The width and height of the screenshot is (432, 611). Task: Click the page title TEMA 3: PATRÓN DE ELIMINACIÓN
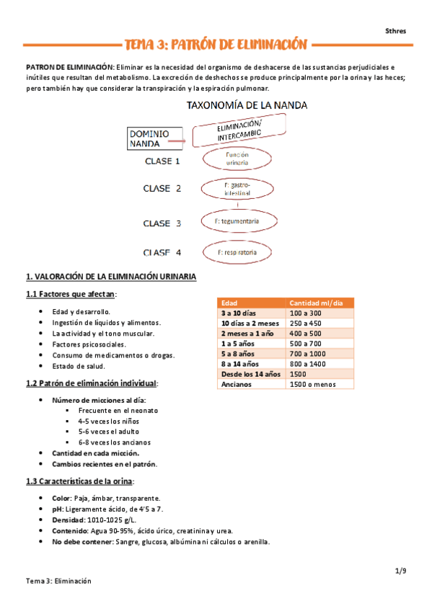(216, 44)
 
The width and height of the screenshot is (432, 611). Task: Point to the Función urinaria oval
(237, 159)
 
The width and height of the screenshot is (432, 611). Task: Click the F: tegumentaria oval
(237, 220)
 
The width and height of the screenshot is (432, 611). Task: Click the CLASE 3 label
(167, 223)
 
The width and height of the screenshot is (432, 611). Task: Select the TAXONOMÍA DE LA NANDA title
(247, 105)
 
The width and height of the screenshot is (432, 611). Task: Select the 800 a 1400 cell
(308, 364)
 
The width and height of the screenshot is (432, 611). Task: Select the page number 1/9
(401, 571)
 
